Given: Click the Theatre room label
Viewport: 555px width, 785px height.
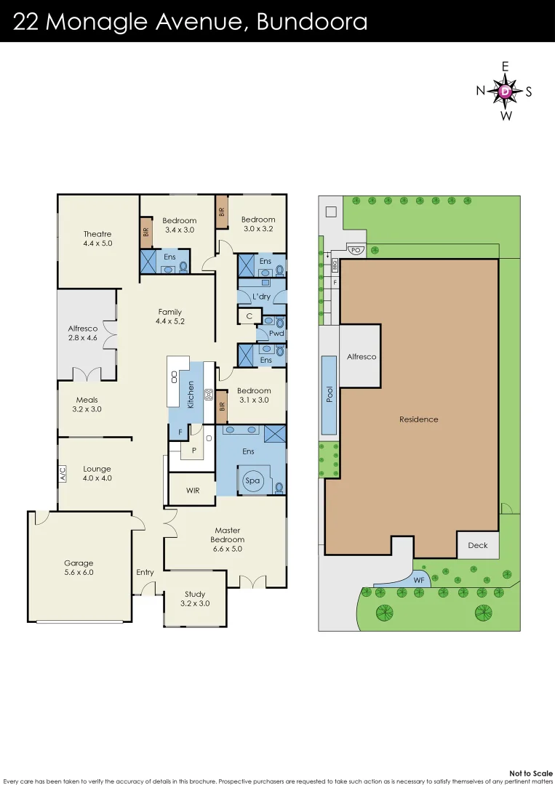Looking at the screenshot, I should [97, 234].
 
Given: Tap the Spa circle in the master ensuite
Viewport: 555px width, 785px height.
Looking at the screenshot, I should [252, 480].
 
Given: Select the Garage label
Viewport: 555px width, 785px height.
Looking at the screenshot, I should [79, 563].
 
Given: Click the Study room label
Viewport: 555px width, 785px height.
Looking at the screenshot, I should [194, 594].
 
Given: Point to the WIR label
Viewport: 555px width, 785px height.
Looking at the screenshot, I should [192, 491].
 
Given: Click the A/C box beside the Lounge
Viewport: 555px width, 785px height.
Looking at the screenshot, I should [63, 474].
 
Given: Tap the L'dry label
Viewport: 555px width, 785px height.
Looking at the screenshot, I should [261, 297].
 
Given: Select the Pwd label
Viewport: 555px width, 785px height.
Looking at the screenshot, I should [276, 334].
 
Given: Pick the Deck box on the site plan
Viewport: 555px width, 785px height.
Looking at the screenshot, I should [478, 545].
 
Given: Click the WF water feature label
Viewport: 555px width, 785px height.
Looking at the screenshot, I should [419, 580].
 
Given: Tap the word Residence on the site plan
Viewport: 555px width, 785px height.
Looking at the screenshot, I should [419, 419].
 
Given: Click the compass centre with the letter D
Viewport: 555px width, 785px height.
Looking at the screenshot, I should [505, 92].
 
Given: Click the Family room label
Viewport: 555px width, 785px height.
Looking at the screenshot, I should [169, 313].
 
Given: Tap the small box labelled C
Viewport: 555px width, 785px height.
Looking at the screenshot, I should [249, 316].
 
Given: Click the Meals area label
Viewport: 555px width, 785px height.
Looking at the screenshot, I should [87, 400].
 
